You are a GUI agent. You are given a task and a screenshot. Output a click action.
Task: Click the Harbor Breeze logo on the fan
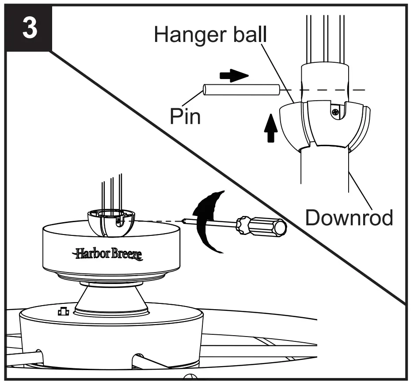point(108,254)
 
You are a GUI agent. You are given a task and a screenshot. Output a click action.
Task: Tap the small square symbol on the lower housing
point(63,312)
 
